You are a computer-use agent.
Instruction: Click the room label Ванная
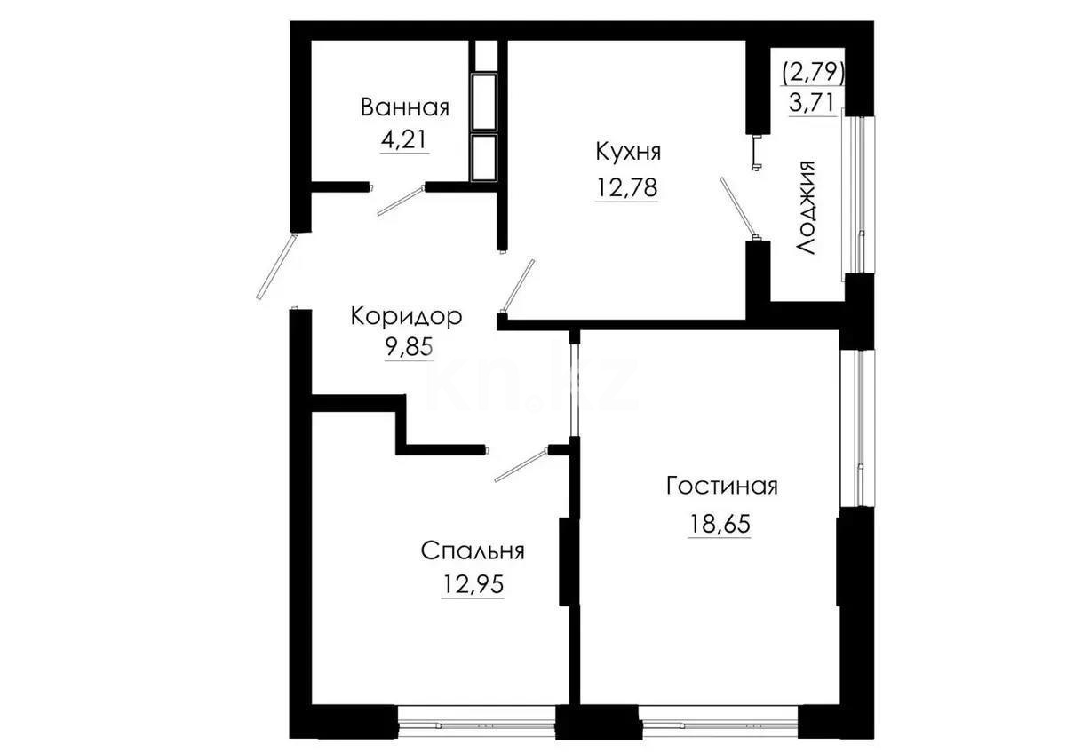[404, 107]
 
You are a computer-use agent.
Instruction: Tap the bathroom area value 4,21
[404, 140]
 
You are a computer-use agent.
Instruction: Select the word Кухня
[628, 152]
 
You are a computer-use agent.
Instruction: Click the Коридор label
[406, 315]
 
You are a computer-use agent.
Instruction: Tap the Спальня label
[473, 550]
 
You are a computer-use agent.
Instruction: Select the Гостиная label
[721, 487]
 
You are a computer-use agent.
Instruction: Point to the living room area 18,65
[720, 524]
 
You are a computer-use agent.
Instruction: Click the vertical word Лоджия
[807, 209]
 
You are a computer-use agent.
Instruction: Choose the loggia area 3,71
[812, 101]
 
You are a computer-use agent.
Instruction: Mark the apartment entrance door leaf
[274, 265]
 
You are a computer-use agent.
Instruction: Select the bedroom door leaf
[521, 465]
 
